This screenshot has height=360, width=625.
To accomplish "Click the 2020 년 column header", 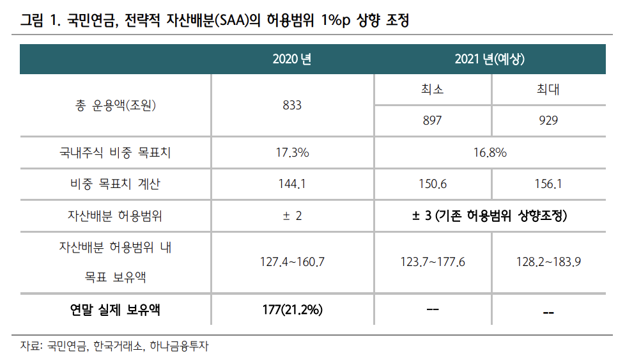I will coord(291,59).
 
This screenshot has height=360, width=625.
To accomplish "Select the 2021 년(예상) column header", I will coord(490,59).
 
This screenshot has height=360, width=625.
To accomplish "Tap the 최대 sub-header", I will coord(548,90).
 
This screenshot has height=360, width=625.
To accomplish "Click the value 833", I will coord(291,105).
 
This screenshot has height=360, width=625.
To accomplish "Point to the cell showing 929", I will coord(548,120).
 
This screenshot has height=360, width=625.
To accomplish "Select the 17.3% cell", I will coord(292,153).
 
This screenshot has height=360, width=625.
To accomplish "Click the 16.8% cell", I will coord(490,153).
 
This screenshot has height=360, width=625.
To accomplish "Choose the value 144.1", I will coord(291,184).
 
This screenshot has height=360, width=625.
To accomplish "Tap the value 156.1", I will coord(548,184).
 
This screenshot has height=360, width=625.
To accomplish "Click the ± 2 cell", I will coord(292,216).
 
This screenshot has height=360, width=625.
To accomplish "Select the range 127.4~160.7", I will coord(292,262).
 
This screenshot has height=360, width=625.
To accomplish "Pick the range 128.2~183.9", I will coord(548,262).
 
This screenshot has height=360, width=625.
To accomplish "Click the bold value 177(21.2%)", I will coord(292,310).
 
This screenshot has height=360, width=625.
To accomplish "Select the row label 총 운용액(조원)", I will coord(115,106).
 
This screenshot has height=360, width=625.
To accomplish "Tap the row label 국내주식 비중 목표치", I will coord(115,153).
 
